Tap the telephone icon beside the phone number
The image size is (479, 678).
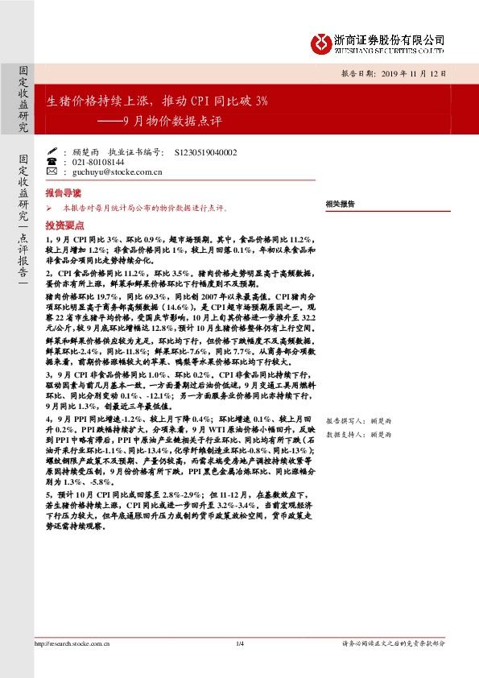coord(52,162)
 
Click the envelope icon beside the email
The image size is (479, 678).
coord(52,172)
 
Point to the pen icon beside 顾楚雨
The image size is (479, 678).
coord(52,151)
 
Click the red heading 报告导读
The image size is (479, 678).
coord(63,193)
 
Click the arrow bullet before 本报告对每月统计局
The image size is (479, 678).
coord(49,208)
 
